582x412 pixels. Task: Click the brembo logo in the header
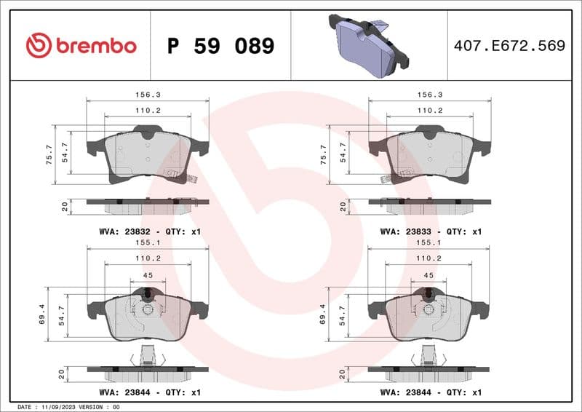pos(81,46)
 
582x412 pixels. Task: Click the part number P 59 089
pos(220,46)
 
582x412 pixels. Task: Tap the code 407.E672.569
pos(509,46)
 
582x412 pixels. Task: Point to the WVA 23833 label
pos(431,231)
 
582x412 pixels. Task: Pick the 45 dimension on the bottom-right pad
pos(428,275)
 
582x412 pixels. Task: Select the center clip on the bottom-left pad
pos(148,309)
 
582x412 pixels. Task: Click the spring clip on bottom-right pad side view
pos(429,357)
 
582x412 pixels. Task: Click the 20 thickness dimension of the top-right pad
pos(343,206)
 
